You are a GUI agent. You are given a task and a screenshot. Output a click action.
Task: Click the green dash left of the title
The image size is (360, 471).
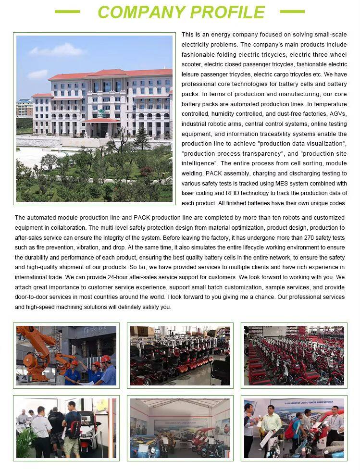tap(67, 11)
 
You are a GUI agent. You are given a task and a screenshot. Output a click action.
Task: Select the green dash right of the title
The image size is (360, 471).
tap(292, 11)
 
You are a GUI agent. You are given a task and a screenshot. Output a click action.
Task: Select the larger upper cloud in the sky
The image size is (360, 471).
tap(58, 50)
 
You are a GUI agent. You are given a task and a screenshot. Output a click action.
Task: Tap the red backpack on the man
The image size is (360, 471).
tap(74, 427)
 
